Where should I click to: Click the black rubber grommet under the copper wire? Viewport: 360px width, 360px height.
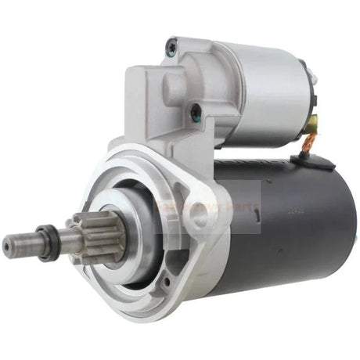coord(301,160)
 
